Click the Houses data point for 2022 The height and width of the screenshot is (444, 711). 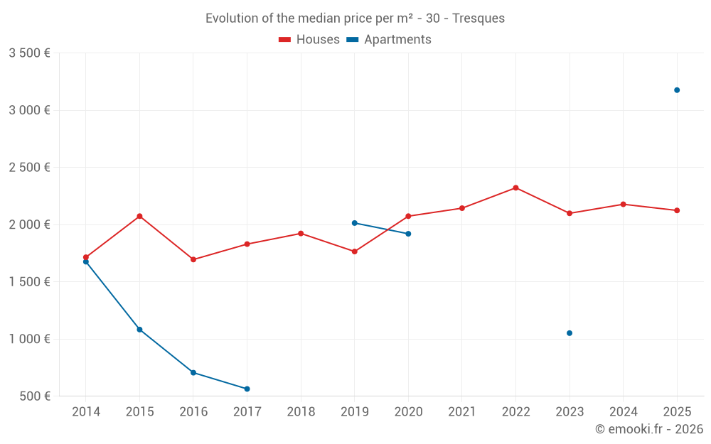(515, 188)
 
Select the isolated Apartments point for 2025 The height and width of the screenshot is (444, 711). (677, 90)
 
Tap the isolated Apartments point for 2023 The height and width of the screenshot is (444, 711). (570, 333)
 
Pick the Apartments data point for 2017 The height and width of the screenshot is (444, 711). (247, 389)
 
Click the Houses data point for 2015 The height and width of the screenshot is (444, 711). (139, 216)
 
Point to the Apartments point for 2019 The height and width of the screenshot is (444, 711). (354, 223)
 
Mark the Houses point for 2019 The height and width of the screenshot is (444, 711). (354, 251)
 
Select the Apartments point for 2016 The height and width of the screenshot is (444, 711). (193, 372)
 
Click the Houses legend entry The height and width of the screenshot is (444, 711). (309, 40)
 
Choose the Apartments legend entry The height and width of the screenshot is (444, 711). (389, 40)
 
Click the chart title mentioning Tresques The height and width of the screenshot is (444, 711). (355, 18)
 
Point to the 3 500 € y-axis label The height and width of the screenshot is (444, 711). (29, 53)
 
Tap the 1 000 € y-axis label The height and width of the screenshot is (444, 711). (29, 339)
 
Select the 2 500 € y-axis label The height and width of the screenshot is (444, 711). (29, 168)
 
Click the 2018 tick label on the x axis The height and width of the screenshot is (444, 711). (301, 411)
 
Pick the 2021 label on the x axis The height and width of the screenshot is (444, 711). (462, 411)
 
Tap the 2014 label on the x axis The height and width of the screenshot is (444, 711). (86, 411)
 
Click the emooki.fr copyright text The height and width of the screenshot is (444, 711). (648, 429)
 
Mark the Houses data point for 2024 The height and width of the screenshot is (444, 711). (623, 204)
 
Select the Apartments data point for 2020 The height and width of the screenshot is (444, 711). (408, 234)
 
